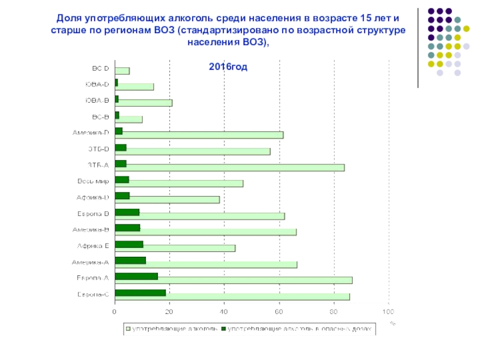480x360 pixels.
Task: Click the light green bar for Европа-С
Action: [x=258, y=296]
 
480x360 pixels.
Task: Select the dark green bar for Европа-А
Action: [x=136, y=276]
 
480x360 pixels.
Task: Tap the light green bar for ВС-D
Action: [x=122, y=71]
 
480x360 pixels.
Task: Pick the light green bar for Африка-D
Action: [x=174, y=200]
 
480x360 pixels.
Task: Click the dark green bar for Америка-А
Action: [x=130, y=260]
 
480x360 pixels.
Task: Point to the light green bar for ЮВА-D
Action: [x=135, y=87]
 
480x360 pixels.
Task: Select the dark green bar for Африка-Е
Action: [x=129, y=244]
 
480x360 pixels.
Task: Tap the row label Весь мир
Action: [x=93, y=181]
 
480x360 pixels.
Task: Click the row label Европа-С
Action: [x=93, y=294]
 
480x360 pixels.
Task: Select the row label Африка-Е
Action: [x=93, y=245]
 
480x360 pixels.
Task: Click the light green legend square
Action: [x=128, y=329]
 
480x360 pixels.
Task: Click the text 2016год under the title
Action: [x=228, y=65]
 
